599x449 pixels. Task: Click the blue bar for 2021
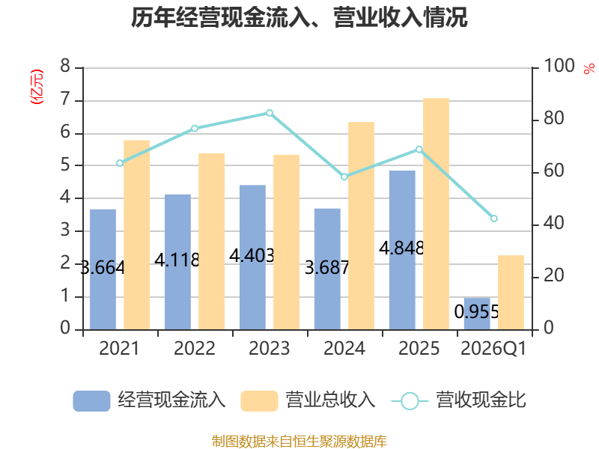[103, 269]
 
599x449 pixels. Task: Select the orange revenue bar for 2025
[436, 214]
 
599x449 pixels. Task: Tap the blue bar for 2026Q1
[477, 314]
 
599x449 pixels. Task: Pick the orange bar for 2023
[286, 242]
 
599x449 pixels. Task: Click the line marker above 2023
[270, 113]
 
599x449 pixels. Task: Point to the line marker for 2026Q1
[493, 219]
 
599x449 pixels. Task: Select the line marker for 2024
[344, 177]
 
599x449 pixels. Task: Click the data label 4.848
[401, 248]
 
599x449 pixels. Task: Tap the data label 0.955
[476, 312]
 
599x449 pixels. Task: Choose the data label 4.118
[177, 260]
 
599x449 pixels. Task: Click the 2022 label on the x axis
[195, 348]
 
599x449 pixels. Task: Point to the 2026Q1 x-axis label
[493, 349]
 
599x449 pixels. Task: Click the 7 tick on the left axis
[65, 100]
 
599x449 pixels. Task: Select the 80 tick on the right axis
[554, 118]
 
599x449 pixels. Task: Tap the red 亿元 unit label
[37, 87]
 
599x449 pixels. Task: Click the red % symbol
[589, 68]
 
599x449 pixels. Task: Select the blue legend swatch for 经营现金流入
[91, 401]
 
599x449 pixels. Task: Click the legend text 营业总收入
[330, 400]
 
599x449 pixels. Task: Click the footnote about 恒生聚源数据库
[299, 442]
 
